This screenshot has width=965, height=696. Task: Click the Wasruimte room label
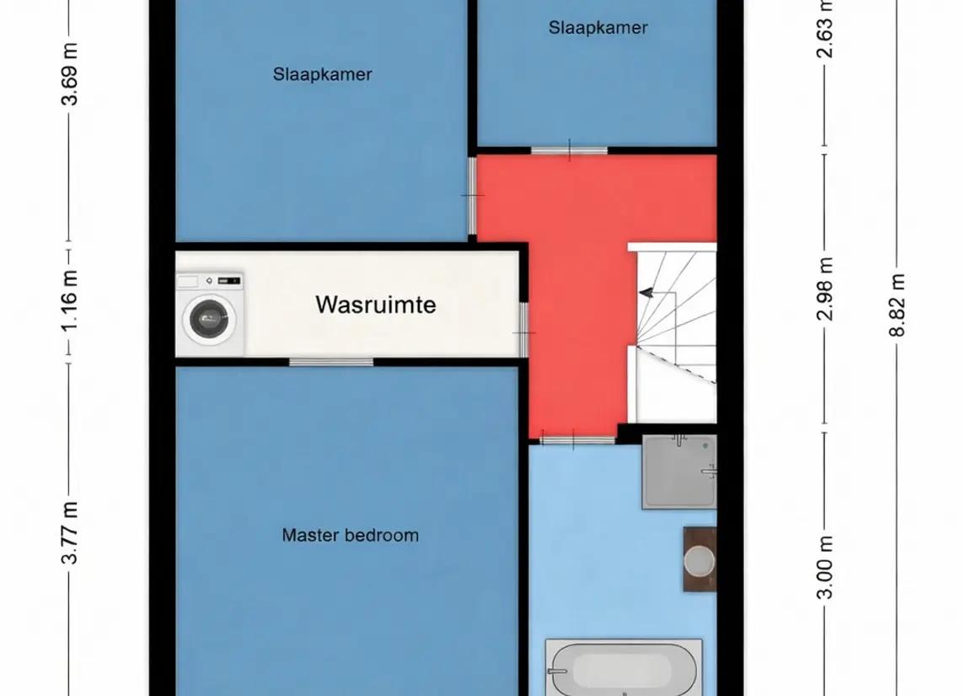pyautogui.click(x=375, y=305)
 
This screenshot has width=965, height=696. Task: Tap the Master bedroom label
pyautogui.click(x=351, y=535)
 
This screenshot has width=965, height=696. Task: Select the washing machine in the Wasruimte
pyautogui.click(x=211, y=314)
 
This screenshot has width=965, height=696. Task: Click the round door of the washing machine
pyautogui.click(x=209, y=319)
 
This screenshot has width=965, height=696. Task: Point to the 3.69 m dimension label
pyautogui.click(x=70, y=74)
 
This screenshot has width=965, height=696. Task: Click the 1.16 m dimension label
pyautogui.click(x=70, y=300)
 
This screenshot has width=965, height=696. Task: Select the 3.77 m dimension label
pyautogui.click(x=70, y=533)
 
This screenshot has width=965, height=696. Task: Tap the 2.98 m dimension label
pyautogui.click(x=826, y=289)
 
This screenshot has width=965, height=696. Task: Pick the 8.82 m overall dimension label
pyautogui.click(x=898, y=305)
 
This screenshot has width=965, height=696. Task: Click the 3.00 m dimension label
pyautogui.click(x=826, y=567)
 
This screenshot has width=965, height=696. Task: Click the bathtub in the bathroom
pyautogui.click(x=624, y=668)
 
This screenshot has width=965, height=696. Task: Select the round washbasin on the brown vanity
pyautogui.click(x=700, y=561)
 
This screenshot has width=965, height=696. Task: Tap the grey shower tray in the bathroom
pyautogui.click(x=678, y=472)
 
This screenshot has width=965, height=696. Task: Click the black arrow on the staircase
pyautogui.click(x=646, y=294)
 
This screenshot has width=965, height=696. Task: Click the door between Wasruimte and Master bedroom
pyautogui.click(x=331, y=362)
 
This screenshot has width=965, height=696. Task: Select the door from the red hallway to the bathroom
pyautogui.click(x=578, y=440)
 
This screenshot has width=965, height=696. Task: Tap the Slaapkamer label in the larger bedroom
pyautogui.click(x=323, y=74)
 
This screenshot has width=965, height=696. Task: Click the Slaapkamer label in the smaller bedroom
pyautogui.click(x=598, y=28)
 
